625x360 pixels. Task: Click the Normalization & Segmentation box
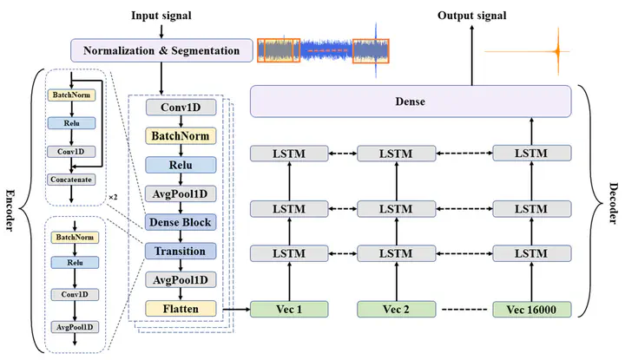coord(161,50)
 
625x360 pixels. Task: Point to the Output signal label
coord(471,16)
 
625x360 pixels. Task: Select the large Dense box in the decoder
coord(411,102)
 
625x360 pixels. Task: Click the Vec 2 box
coord(395,308)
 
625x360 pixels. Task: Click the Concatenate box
coord(73,180)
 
